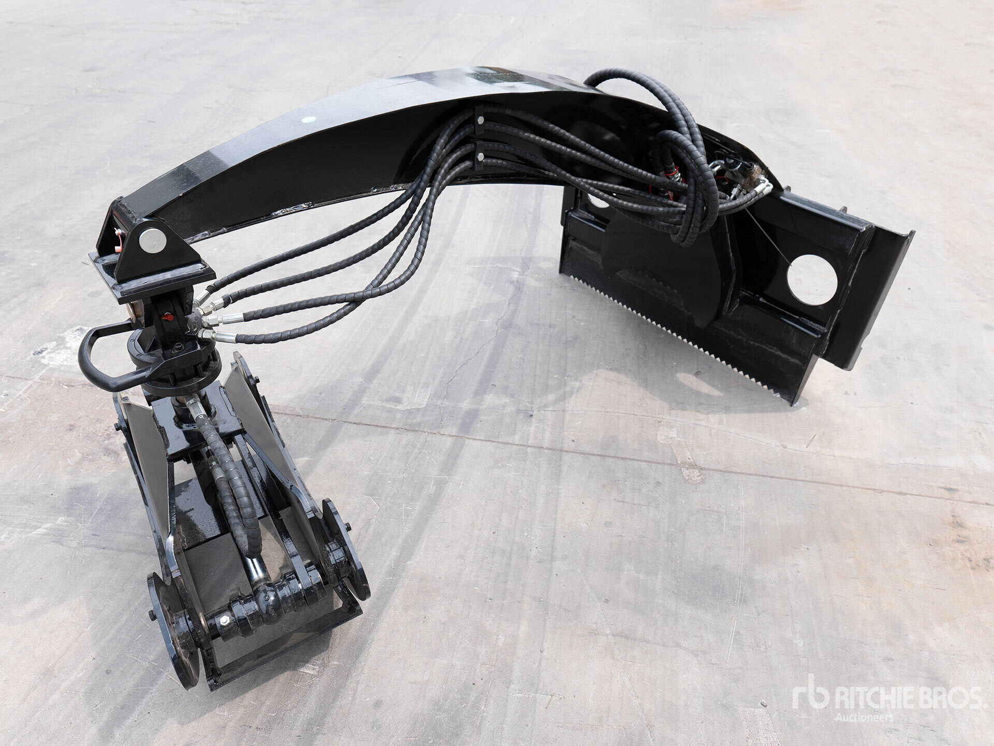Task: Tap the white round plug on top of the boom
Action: (x=309, y=119)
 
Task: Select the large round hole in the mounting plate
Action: (x=812, y=280)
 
